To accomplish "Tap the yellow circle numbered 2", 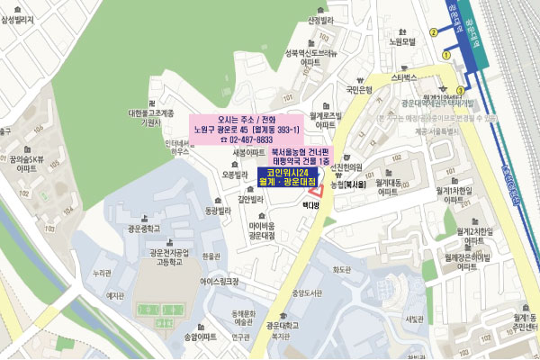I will click(434, 31).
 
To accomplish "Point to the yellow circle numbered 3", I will click(461, 90).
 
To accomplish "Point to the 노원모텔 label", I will click(399, 41).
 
